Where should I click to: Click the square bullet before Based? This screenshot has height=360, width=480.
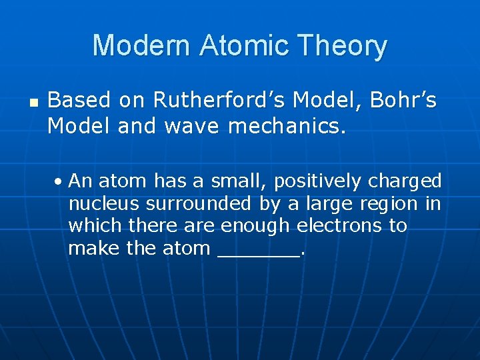point(34,103)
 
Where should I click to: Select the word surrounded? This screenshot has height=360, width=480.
point(199,204)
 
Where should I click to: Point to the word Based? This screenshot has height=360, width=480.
point(79,101)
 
